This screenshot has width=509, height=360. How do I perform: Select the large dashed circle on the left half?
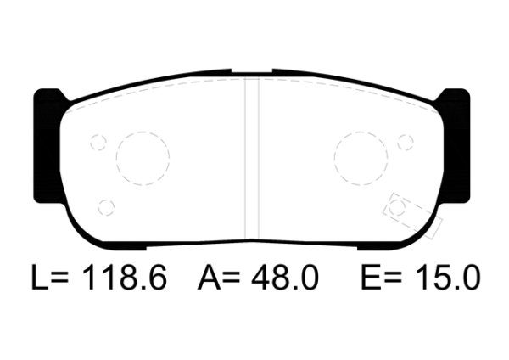pos(143,159)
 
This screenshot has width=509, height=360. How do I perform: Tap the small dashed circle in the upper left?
pos(98,142)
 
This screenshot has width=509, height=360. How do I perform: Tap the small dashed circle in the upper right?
pos(405,142)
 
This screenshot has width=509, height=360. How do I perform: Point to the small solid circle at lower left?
pos(106,206)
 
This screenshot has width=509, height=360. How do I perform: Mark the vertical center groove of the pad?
pos(251,157)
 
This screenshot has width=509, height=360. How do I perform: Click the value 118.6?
pos(124,278)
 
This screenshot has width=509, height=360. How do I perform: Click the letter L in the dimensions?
pos(36,278)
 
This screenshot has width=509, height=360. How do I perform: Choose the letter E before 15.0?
pos(369,278)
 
